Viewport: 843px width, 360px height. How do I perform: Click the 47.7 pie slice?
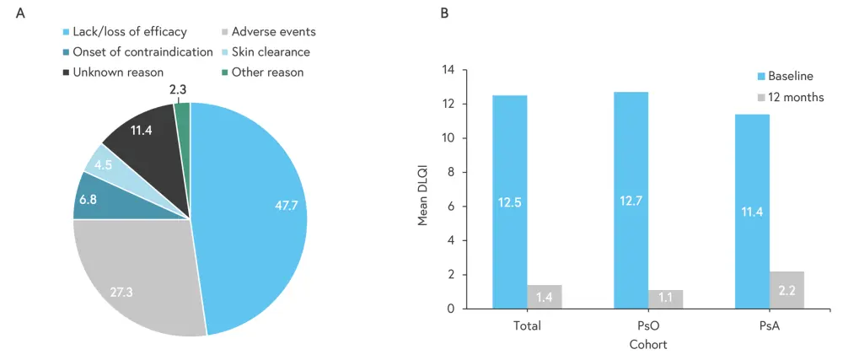click(x=253, y=211)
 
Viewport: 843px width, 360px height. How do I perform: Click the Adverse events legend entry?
click(x=269, y=32)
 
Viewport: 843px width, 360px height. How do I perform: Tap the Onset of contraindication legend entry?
click(x=136, y=52)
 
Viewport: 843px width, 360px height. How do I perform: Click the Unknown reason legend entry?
click(x=111, y=73)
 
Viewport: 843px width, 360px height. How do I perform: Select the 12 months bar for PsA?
click(x=787, y=289)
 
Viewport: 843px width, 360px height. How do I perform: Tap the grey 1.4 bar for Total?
click(x=544, y=297)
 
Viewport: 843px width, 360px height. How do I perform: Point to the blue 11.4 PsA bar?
click(x=753, y=211)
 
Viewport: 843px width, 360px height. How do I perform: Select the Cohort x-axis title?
click(x=648, y=345)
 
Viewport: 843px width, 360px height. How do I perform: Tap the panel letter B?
click(x=444, y=13)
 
